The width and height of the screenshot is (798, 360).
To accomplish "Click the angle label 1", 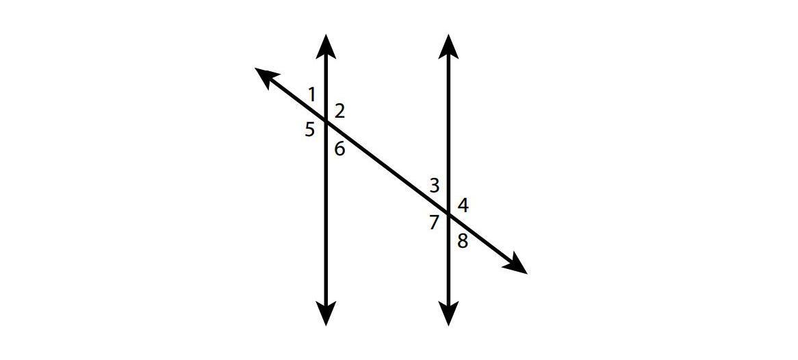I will tap(311, 94).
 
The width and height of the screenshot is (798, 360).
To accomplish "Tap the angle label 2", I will tap(339, 111).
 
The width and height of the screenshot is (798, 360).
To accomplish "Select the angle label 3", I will tap(434, 185).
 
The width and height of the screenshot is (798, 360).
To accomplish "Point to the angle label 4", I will tap(463, 205).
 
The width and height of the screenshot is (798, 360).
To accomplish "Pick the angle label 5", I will tap(310, 129).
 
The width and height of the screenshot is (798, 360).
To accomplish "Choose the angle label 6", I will tap(339, 148).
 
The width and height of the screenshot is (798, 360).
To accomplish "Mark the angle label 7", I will tap(433, 222).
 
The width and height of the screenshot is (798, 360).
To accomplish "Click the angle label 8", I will tap(463, 241).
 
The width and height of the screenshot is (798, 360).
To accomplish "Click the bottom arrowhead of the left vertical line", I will tap(326, 313).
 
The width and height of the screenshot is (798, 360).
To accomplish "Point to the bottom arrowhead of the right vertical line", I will tap(448, 313).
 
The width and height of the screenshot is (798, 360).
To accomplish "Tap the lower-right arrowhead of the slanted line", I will tap(516, 266).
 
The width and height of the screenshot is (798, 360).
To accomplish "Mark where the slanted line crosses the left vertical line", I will tap(326, 122).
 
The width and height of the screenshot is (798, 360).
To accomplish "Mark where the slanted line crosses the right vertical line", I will tap(448, 214).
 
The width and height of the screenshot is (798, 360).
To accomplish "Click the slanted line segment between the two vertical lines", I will tap(387, 168).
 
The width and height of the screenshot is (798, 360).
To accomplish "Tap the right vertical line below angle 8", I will tap(448, 281).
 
